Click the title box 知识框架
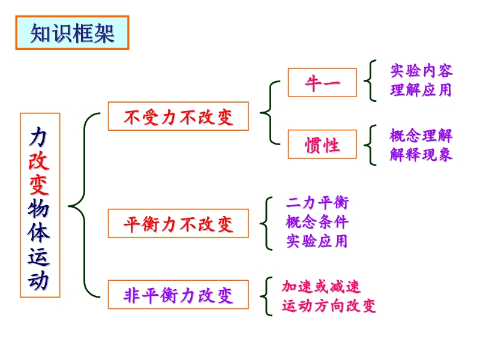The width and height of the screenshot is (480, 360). tap(72, 33)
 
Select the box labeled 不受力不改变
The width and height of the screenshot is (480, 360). tap(178, 116)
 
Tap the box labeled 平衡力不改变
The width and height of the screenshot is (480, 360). tap(178, 224)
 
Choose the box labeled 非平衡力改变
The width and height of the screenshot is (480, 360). tap(178, 295)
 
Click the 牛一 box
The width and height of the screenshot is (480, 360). tap(322, 83)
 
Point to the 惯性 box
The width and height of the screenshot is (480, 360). tap(322, 145)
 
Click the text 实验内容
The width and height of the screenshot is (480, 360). tap(421, 71)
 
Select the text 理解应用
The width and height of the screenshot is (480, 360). tap(421, 91)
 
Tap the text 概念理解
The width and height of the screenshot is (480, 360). tap(421, 134)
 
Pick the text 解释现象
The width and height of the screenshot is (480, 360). tap(421, 154)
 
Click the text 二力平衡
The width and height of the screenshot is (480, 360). tap(317, 203)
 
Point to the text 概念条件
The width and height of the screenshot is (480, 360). tap(317, 222)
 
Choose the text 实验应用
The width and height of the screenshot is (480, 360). tap(317, 241)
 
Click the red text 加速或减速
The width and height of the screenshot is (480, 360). tap(321, 287)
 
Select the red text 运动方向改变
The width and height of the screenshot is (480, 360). tap(329, 306)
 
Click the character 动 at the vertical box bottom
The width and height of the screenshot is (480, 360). tap(40, 280)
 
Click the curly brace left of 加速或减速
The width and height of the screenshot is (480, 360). tap(266, 296)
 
